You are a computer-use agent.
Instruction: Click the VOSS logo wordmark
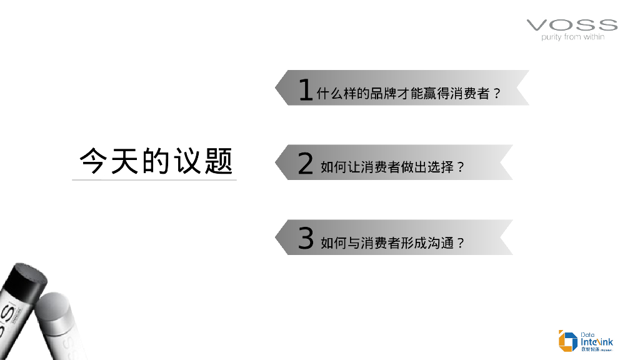(572, 25)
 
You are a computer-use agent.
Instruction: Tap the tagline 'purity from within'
(572, 37)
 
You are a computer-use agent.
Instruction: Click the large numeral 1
(305, 90)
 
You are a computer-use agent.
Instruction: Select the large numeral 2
(305, 164)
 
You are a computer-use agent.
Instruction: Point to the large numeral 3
(305, 239)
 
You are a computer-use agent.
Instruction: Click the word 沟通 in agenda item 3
(441, 242)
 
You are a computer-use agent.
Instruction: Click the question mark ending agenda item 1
(497, 94)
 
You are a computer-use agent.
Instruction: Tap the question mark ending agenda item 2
(461, 167)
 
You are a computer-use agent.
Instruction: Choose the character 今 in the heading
(93, 161)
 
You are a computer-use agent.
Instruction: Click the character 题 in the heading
(218, 161)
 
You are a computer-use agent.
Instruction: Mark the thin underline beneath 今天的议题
(154, 180)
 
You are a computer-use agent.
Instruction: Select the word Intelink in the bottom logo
(597, 342)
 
